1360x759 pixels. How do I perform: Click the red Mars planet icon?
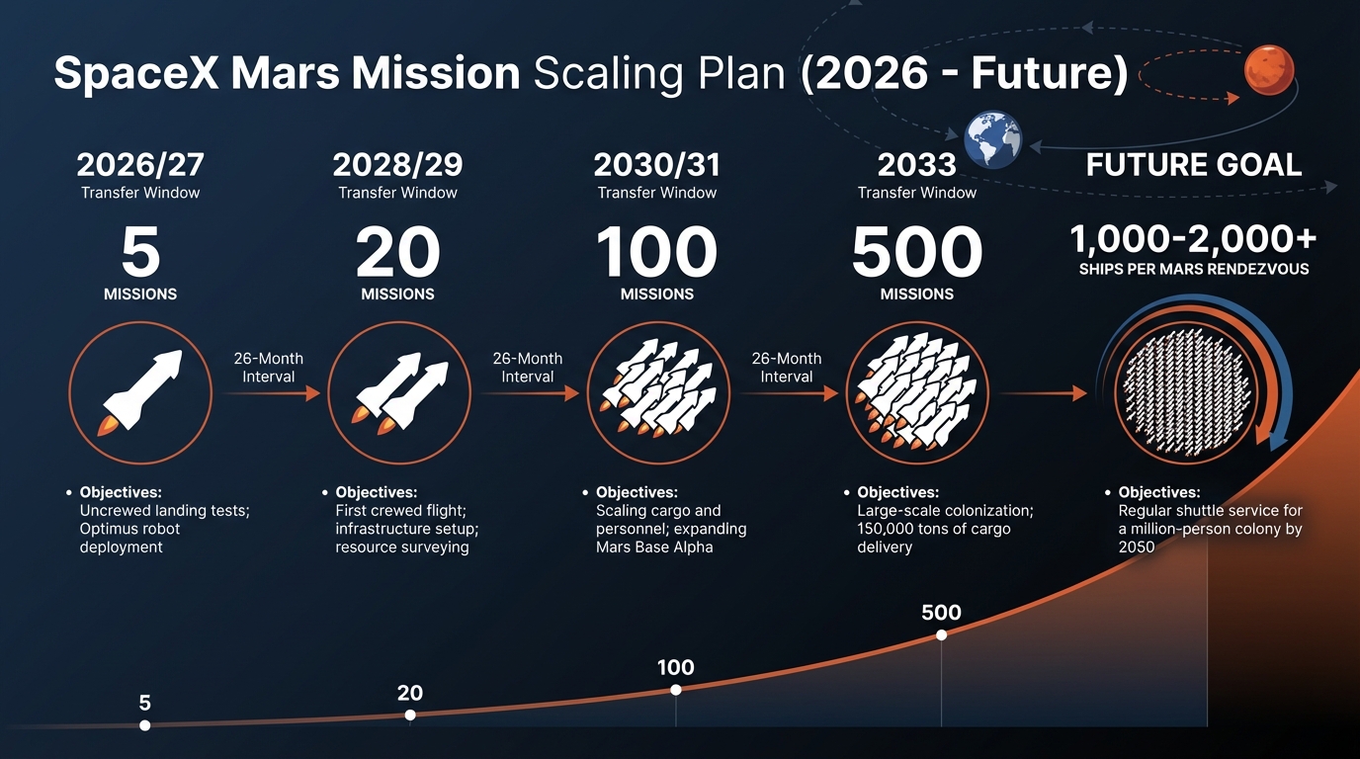tap(1269, 70)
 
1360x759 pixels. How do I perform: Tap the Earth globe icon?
tap(992, 138)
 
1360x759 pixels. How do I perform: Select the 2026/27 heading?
tap(140, 163)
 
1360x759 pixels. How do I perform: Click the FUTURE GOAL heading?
tap(1193, 164)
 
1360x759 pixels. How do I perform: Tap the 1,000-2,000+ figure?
tap(1193, 239)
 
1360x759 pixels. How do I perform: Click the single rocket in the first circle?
tap(140, 393)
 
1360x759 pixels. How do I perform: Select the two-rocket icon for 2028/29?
tap(397, 393)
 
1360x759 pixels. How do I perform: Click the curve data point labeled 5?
tap(145, 725)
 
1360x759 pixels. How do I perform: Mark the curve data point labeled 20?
tap(410, 716)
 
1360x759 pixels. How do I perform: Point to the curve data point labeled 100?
tap(675, 690)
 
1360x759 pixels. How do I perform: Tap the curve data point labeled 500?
tap(941, 634)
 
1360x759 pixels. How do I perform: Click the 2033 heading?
tap(916, 163)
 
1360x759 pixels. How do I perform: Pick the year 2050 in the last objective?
tap(1137, 547)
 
